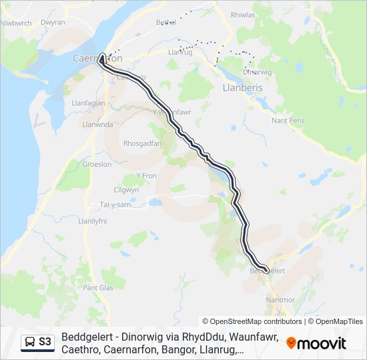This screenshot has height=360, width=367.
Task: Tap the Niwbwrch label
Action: (17, 23)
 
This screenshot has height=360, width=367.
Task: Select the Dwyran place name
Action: (53, 22)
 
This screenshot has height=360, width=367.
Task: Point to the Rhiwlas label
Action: (242, 14)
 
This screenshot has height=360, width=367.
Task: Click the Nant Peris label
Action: (288, 121)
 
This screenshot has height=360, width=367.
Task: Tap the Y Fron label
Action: (145, 175)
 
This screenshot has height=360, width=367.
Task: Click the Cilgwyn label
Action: (127, 189)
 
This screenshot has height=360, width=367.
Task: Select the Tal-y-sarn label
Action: (115, 204)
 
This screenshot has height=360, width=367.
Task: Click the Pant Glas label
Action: (97, 287)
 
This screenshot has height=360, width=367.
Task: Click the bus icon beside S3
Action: (31, 342)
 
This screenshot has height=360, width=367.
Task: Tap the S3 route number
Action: (45, 342)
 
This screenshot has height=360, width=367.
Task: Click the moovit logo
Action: (316, 343)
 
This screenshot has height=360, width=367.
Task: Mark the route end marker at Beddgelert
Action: (266, 270)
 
